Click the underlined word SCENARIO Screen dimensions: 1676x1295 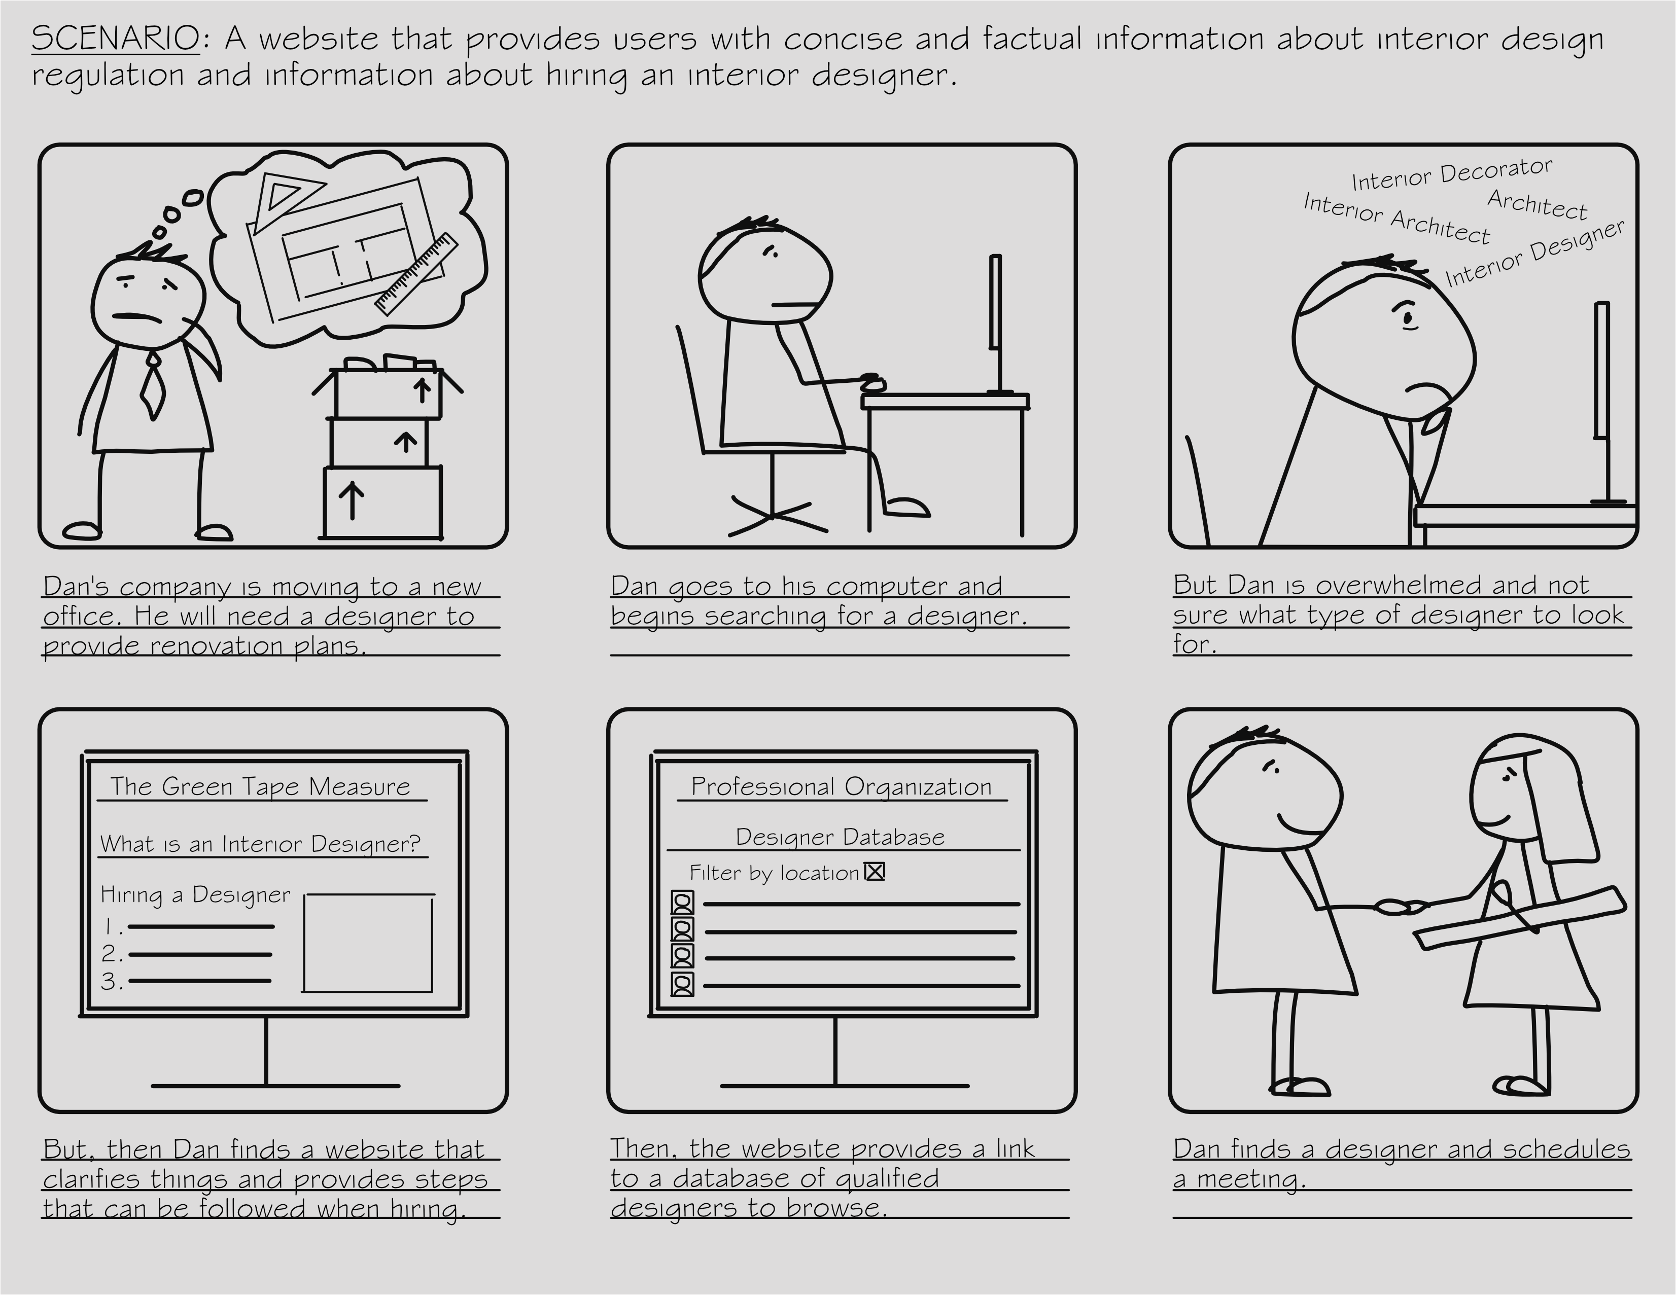pyautogui.click(x=115, y=39)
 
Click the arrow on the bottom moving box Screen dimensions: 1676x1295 pyautogui.click(x=352, y=500)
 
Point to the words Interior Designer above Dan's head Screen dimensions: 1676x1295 pyautogui.click(x=1534, y=253)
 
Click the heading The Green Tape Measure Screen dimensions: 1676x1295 pyautogui.click(x=260, y=786)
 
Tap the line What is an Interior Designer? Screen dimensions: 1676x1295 pyautogui.click(x=260, y=844)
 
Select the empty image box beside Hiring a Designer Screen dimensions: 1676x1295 pyautogui.click(x=368, y=943)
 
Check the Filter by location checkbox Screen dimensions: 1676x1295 pyautogui.click(x=874, y=872)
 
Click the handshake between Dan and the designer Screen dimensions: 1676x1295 pyautogui.click(x=1401, y=907)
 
